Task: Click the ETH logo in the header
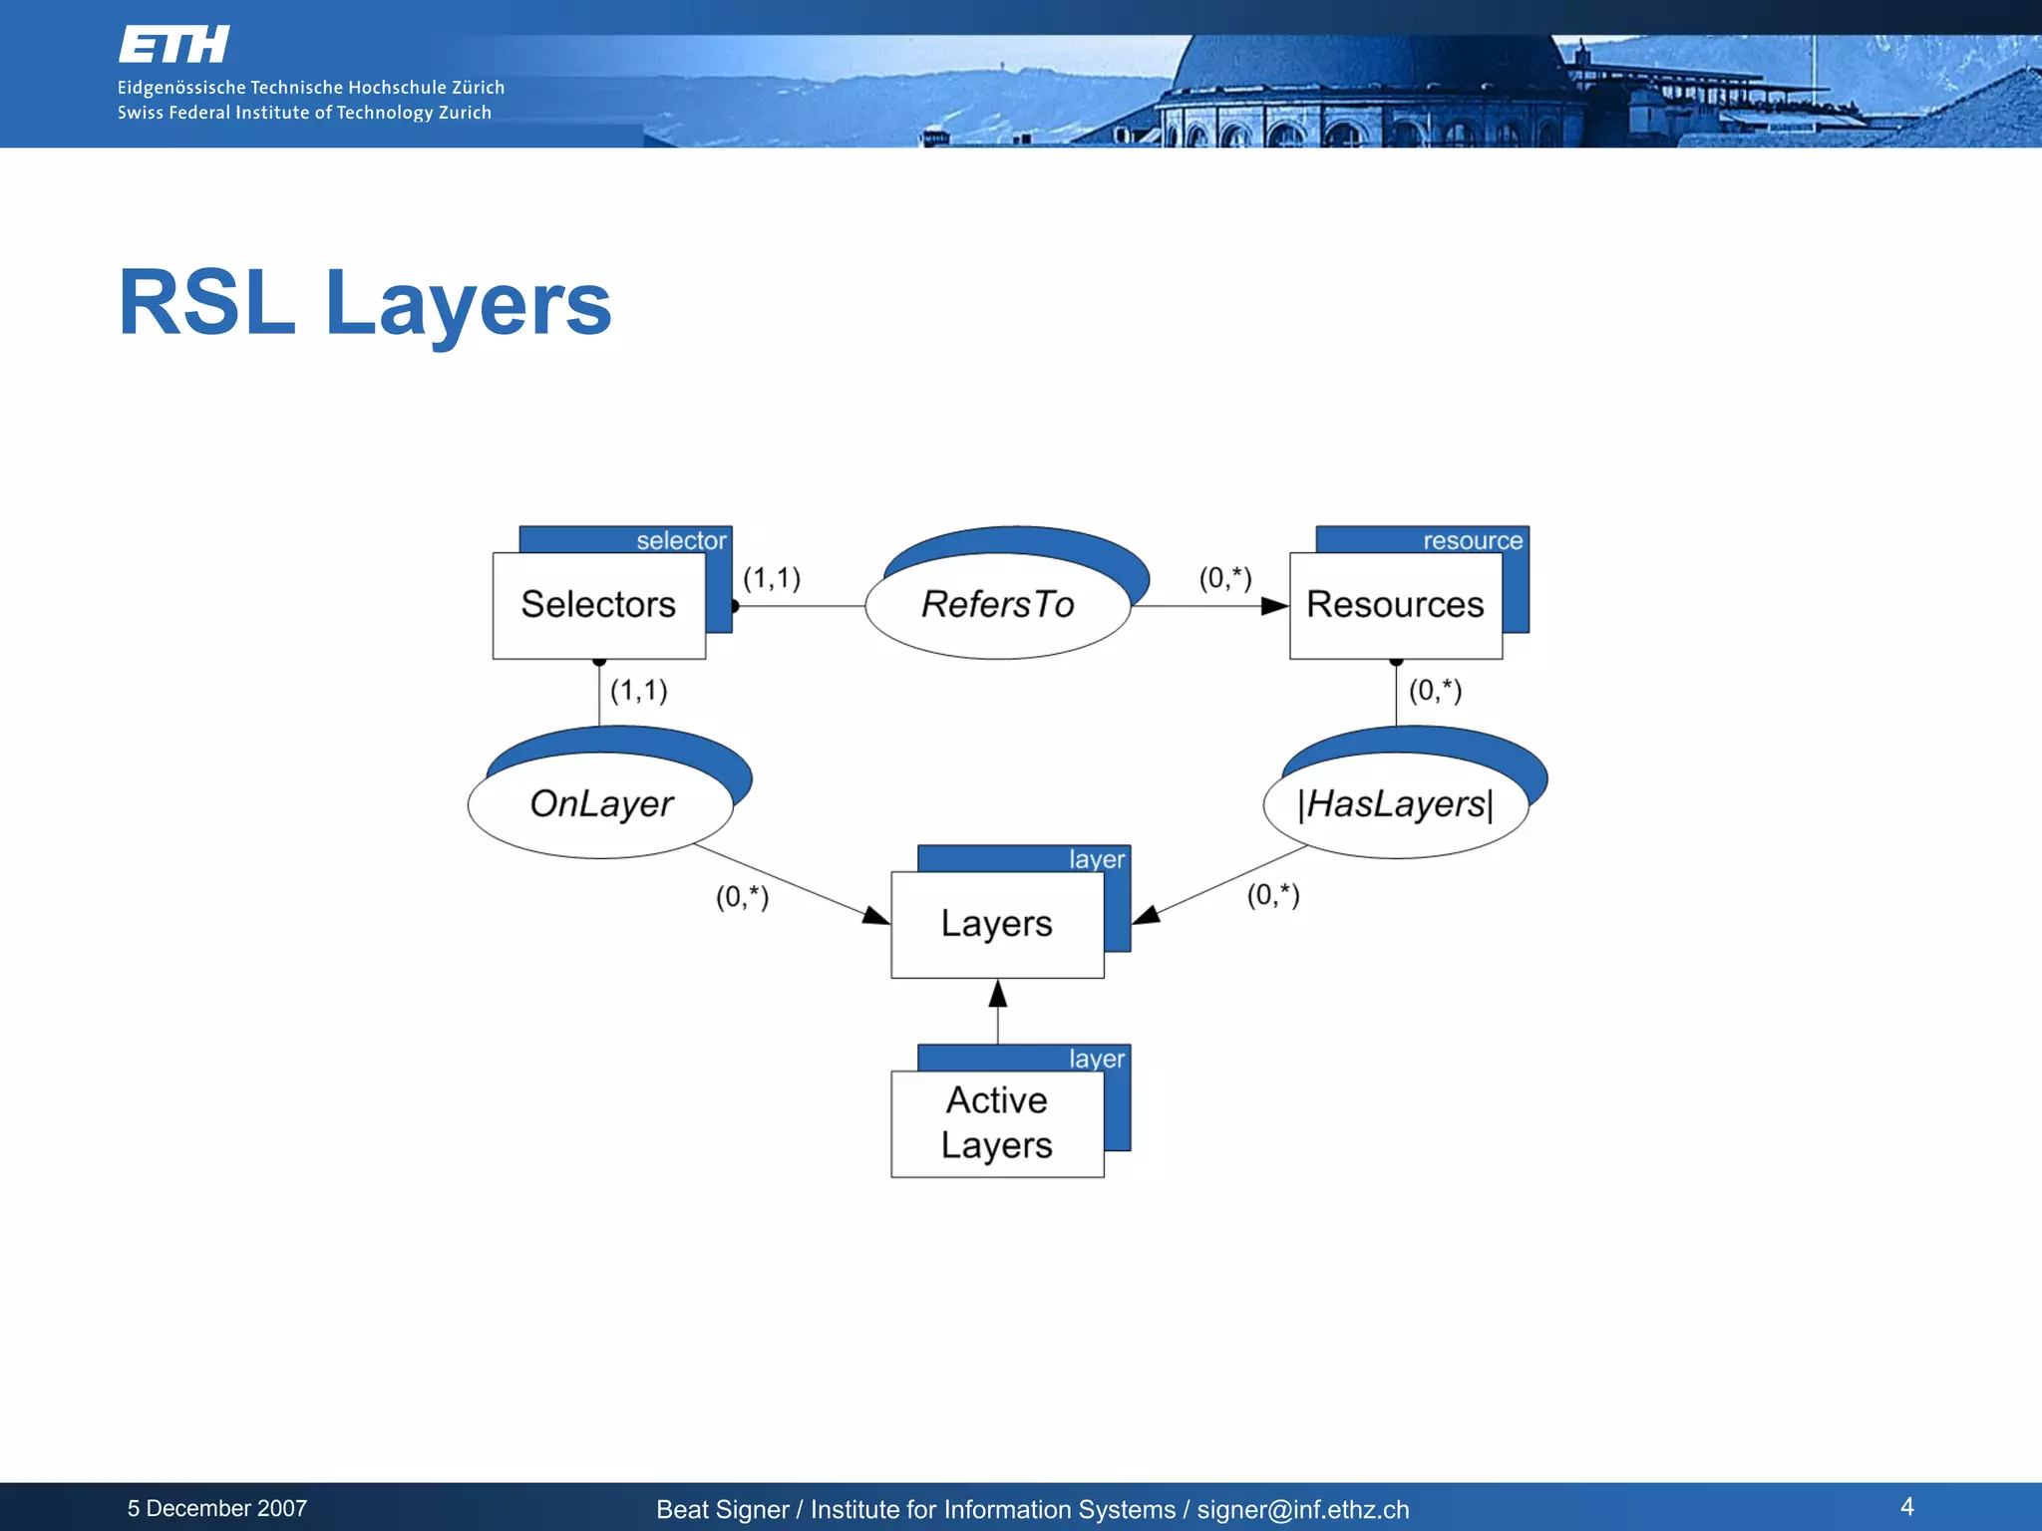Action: coord(174,46)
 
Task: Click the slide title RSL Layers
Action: coord(365,303)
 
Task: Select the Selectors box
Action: coord(598,605)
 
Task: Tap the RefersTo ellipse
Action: coord(997,605)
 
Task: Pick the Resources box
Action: coord(1395,605)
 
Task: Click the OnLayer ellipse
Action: coord(600,804)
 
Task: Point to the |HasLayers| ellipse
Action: coord(1395,804)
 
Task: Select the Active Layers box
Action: coord(997,1123)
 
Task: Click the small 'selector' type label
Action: coord(681,540)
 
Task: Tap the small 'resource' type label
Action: coord(1472,540)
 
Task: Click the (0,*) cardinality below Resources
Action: coord(1435,690)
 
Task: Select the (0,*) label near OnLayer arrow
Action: coord(742,897)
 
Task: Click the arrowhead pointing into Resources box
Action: coord(1274,606)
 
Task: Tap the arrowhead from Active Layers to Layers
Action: coord(997,993)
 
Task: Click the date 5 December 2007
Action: coord(217,1508)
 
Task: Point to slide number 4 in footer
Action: coord(1906,1506)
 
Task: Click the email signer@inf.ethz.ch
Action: coord(1302,1509)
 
